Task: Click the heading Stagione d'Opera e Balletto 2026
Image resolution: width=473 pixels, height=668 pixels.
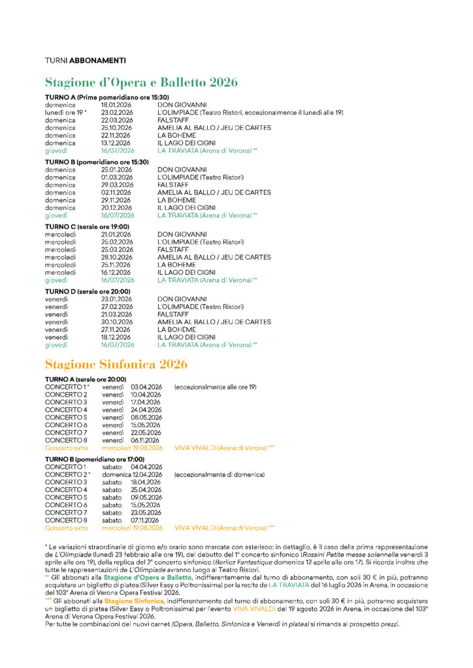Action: point(141,82)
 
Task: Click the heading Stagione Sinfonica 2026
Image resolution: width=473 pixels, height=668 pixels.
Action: point(116,364)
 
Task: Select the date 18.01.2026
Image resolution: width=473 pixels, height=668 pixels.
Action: point(117,104)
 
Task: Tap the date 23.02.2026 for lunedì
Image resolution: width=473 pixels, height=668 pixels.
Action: point(117,112)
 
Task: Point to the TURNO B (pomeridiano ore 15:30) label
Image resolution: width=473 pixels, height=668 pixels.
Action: point(97,162)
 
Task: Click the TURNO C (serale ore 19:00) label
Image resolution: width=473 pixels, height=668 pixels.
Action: point(87,226)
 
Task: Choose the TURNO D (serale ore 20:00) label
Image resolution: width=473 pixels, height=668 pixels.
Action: point(88,291)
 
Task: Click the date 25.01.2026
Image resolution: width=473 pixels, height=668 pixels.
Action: point(117,169)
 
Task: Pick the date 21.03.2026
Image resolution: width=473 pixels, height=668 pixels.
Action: point(117,314)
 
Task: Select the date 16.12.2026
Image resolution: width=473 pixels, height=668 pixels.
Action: point(117,272)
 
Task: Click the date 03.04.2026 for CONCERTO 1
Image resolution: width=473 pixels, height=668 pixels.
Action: point(146,387)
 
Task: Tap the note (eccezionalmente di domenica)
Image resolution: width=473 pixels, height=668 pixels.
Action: point(220,474)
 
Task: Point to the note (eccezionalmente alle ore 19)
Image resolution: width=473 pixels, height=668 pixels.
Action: point(215,387)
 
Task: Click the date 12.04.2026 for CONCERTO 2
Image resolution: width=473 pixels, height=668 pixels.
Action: point(146,474)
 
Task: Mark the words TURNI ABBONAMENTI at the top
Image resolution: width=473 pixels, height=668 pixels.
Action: point(86,61)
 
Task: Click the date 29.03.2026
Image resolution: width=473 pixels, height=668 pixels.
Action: point(117,185)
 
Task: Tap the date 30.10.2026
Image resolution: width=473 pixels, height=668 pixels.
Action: point(117,322)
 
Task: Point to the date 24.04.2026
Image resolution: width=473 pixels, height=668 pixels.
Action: point(146,410)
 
